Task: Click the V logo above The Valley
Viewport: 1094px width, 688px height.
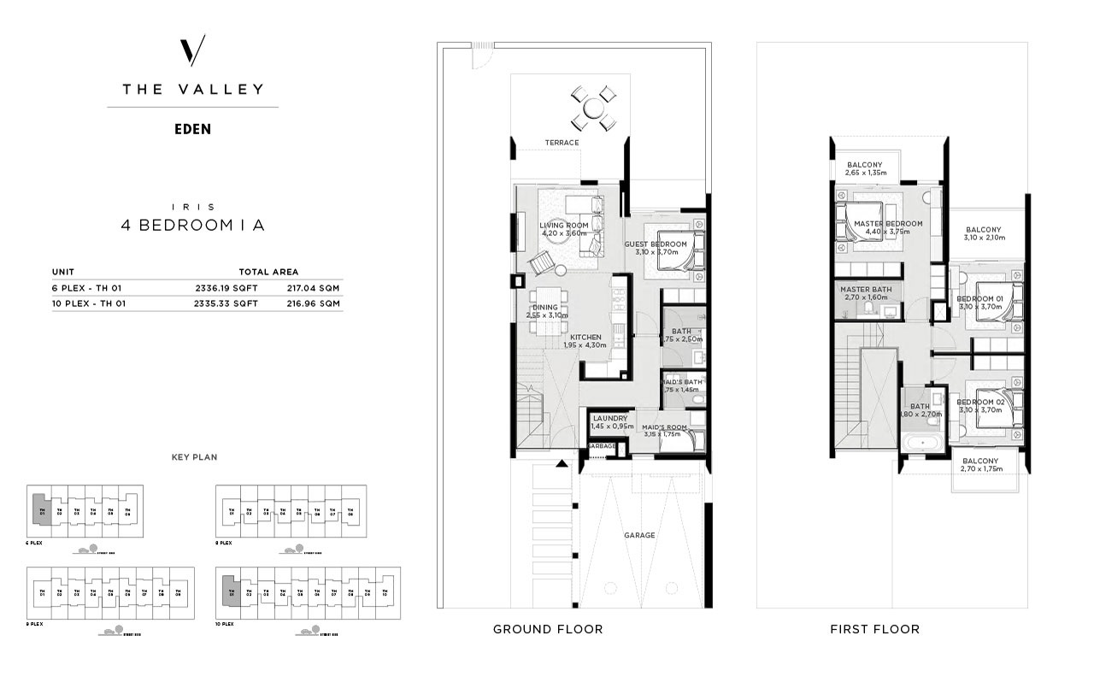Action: pos(193,53)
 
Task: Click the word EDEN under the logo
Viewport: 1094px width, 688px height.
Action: pos(192,130)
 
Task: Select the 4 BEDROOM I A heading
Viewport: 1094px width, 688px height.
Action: pos(192,226)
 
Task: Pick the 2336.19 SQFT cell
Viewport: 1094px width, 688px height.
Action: pos(226,288)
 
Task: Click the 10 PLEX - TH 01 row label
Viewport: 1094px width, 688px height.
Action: pos(88,303)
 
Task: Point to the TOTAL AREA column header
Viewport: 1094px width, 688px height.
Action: pos(268,271)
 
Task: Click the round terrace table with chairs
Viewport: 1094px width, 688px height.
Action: pos(592,108)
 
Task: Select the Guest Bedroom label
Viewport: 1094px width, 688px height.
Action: pos(656,244)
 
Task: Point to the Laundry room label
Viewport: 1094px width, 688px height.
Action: pos(610,419)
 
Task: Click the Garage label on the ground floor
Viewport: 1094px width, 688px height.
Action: pos(638,536)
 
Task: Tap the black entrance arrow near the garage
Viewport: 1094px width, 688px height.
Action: pos(562,464)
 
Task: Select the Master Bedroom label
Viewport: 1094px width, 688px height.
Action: pos(888,224)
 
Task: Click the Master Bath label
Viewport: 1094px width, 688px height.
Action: pos(865,290)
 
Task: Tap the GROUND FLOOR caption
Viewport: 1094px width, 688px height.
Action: pos(548,629)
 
